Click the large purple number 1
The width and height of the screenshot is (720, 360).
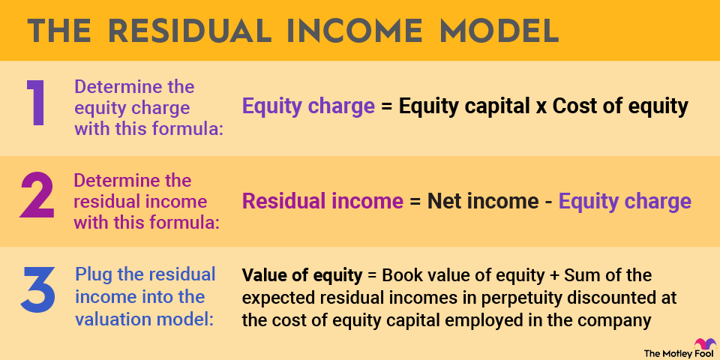coord(35,103)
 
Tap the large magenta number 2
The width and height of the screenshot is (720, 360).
coord(37,196)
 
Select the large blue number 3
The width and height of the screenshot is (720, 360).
coord(37,289)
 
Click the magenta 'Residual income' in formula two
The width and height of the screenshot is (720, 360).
coord(322,201)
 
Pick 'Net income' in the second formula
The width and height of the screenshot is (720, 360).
coord(482,201)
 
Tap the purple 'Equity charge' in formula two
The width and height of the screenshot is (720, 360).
coord(625,202)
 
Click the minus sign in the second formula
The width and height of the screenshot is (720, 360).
coord(548,202)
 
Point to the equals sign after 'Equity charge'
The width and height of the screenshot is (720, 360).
coord(387,107)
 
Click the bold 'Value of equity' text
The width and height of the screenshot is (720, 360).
coord(302,275)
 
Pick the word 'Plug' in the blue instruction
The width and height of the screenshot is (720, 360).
coord(92,275)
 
